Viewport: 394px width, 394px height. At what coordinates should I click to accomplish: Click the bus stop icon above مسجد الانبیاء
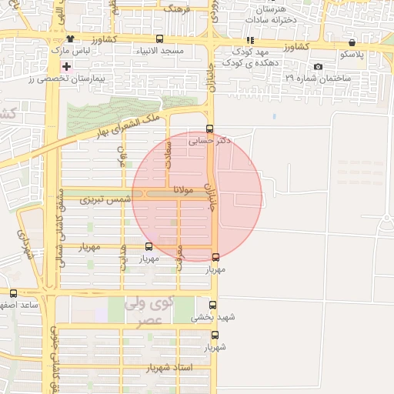[x=159, y=39]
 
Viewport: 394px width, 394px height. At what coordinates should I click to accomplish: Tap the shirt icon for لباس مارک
[x=71, y=39]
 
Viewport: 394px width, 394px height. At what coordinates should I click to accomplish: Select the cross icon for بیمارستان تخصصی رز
[x=67, y=67]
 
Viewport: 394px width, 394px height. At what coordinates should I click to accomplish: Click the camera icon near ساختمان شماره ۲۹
[x=319, y=67]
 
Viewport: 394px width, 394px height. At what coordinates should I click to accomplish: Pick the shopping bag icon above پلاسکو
[x=352, y=43]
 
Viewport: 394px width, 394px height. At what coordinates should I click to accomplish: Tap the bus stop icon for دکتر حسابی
[x=210, y=129]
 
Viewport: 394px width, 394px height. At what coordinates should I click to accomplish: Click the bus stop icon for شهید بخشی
[x=213, y=305]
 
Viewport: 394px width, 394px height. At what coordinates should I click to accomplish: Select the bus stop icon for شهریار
[x=215, y=335]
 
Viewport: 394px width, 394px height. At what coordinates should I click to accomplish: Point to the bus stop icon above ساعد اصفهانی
[x=13, y=293]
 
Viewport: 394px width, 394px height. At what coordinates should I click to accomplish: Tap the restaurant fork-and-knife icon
[x=249, y=40]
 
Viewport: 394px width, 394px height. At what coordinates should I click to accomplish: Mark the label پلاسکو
[x=354, y=55]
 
